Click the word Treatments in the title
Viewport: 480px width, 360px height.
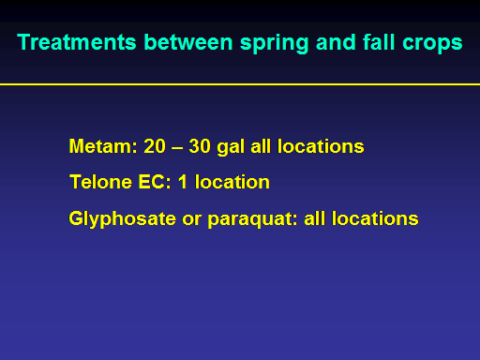[x=77, y=42]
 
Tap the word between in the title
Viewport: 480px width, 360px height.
[x=188, y=42]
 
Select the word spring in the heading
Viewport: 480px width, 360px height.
[x=275, y=43]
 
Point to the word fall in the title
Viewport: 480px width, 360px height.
[x=379, y=42]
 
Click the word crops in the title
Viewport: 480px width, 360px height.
[x=432, y=43]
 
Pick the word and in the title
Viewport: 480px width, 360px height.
[x=336, y=42]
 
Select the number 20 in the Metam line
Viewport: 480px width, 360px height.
[x=155, y=146]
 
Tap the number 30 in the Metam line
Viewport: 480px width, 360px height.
[x=200, y=146]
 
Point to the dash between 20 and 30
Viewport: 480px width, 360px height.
[x=177, y=148]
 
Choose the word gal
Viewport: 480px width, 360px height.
[x=231, y=147]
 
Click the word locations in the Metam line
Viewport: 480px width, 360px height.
[x=321, y=146]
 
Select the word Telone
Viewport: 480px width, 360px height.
[x=101, y=182]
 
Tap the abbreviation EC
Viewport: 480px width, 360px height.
[x=155, y=182]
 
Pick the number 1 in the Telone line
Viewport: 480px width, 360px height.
[x=183, y=182]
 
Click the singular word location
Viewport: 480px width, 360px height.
[x=232, y=182]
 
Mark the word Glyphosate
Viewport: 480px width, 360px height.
[x=123, y=219]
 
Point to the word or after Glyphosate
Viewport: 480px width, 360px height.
[x=192, y=220]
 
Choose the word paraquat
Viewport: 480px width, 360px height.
[x=252, y=220]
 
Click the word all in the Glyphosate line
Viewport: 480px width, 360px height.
[x=314, y=218]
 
